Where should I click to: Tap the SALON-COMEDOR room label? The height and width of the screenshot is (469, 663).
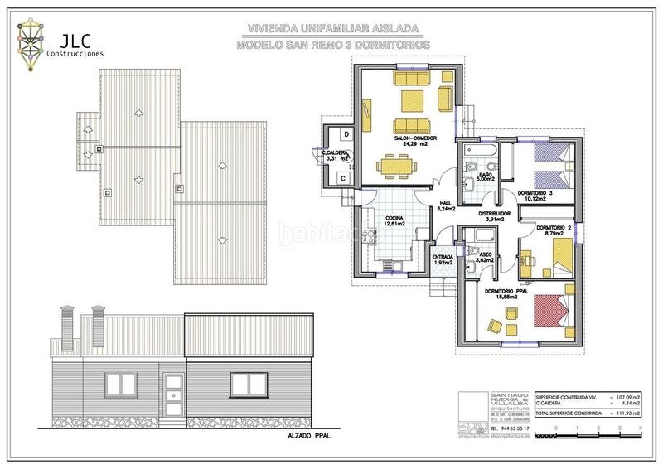tap(410, 139)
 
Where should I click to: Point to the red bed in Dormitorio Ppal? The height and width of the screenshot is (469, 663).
tap(552, 313)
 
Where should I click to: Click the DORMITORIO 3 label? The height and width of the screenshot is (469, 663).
tap(534, 196)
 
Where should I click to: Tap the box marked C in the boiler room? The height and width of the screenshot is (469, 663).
tap(343, 176)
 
